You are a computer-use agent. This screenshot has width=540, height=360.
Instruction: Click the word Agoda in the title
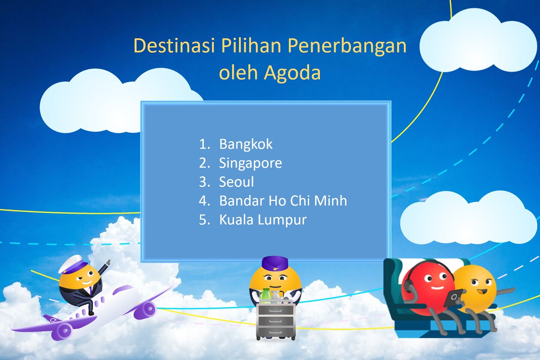(292, 72)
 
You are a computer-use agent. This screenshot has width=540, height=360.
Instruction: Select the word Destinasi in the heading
(174, 45)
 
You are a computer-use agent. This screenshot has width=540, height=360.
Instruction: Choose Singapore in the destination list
(250, 163)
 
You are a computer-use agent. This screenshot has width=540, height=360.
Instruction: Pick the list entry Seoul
(236, 182)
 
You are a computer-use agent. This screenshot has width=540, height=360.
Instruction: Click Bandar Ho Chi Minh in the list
(283, 201)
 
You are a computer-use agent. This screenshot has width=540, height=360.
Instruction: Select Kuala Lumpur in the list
(263, 220)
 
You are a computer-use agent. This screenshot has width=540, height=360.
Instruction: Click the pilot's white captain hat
(74, 263)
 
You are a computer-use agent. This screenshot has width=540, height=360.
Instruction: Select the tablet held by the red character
(453, 298)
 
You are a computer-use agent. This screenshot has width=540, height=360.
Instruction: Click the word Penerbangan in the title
(347, 46)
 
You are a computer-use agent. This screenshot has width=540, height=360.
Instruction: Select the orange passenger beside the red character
(475, 287)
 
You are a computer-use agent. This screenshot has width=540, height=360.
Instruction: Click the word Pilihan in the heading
(251, 45)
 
